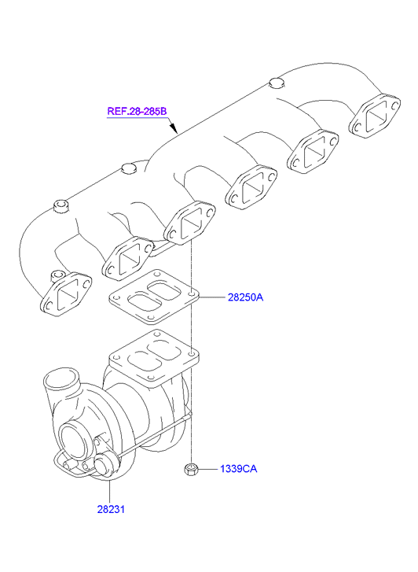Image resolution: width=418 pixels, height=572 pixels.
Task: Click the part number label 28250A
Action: [245, 297]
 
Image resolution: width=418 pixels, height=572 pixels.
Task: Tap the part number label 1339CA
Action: [238, 469]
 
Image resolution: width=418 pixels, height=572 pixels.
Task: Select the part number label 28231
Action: [111, 509]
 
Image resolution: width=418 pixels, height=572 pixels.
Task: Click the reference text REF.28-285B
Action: [137, 111]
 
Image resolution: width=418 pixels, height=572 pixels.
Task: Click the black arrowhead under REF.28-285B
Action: [174, 128]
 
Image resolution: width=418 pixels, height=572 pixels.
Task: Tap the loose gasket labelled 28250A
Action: [153, 297]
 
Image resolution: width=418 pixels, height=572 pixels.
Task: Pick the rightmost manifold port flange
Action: [374, 116]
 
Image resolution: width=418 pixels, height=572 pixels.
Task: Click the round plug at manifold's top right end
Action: [277, 83]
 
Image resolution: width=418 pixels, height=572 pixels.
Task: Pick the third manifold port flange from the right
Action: [251, 188]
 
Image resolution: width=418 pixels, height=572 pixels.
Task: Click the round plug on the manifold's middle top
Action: [128, 169]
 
